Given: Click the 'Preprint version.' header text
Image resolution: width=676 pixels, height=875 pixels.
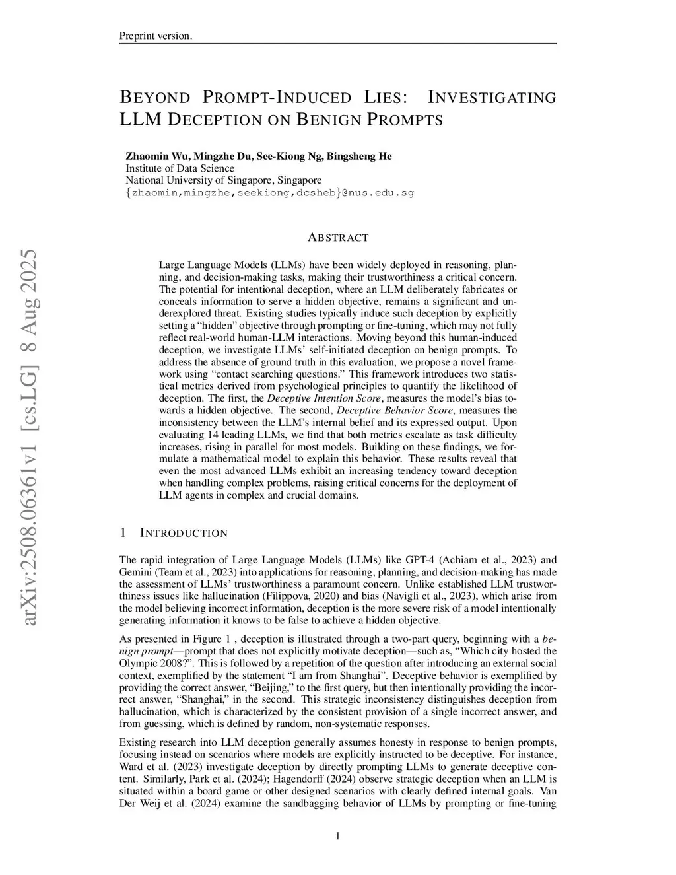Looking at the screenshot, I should coord(156,36).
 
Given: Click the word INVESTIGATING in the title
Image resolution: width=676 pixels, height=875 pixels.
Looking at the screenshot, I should coord(492,98).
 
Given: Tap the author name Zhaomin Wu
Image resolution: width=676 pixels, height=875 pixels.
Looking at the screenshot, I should coord(152,156).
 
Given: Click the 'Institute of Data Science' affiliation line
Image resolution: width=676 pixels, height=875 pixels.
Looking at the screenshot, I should coord(180,168).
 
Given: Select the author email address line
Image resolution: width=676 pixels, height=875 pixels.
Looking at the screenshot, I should coord(269,193).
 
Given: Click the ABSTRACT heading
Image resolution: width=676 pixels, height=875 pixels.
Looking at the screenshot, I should coord(338,238).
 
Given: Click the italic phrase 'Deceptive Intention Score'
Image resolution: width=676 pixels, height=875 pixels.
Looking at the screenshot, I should coord(324,398).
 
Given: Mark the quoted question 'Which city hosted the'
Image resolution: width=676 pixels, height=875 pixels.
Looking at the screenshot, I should coord(504,650).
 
